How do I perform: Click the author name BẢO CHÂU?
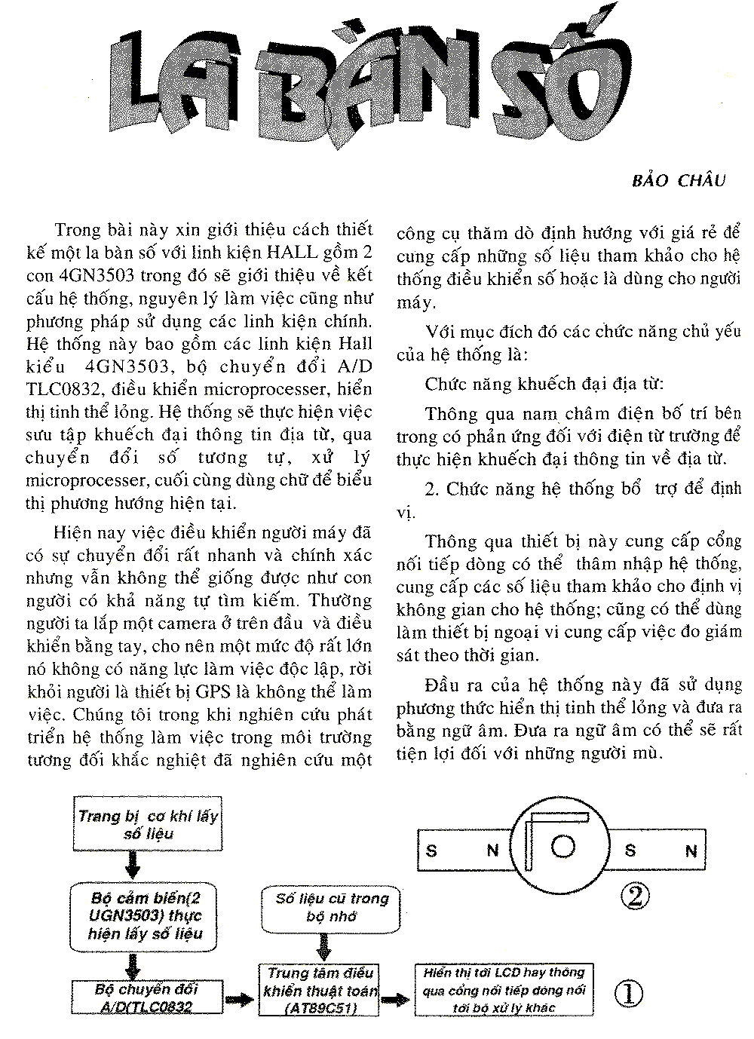click(678, 180)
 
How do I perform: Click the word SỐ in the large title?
click(562, 84)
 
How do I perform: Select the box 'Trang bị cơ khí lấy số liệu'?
click(148, 824)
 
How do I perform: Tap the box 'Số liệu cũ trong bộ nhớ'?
click(332, 907)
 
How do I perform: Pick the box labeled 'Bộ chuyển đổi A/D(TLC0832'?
click(147, 997)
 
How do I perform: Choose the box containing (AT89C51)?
click(320, 990)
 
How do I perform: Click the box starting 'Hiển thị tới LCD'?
click(504, 990)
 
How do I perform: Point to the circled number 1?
click(629, 993)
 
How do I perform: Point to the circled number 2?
click(635, 895)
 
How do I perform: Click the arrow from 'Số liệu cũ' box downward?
click(325, 946)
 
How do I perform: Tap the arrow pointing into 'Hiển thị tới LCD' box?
click(396, 1000)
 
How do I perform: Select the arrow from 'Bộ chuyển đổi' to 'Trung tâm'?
click(240, 1000)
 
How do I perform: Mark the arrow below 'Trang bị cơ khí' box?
click(133, 865)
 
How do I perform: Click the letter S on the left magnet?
click(431, 851)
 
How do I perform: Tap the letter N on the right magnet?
click(691, 851)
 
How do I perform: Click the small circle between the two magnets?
click(562, 847)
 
